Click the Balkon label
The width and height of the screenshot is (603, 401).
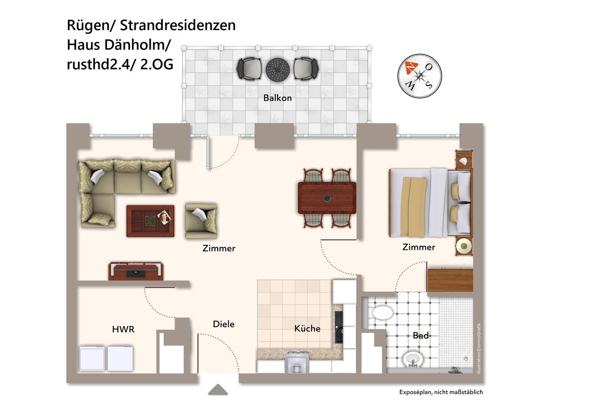pyautogui.click(x=277, y=98)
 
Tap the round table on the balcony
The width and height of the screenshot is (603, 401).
pyautogui.click(x=278, y=69)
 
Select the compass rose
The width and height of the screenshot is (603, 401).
pyautogui.click(x=419, y=76)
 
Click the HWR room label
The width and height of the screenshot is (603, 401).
pyautogui.click(x=123, y=329)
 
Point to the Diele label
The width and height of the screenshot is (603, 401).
pyautogui.click(x=224, y=324)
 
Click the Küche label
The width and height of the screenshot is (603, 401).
pyautogui.click(x=307, y=329)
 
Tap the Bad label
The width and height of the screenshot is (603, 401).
pyautogui.click(x=420, y=335)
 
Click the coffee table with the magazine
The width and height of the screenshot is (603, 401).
pyautogui.click(x=150, y=221)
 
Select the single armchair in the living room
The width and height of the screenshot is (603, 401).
pyautogui.click(x=201, y=218)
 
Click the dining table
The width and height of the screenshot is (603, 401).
pyautogui.click(x=327, y=198)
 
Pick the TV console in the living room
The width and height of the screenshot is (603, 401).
pyautogui.click(x=136, y=271)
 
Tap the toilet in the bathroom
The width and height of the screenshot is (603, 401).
pyautogui.click(x=381, y=312)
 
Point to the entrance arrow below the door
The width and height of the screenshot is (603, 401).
pyautogui.click(x=218, y=390)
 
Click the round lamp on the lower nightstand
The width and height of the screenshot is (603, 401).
pyautogui.click(x=464, y=246)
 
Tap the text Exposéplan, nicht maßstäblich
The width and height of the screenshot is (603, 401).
pyautogui.click(x=441, y=392)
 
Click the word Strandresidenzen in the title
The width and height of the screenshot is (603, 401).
pyautogui.click(x=178, y=25)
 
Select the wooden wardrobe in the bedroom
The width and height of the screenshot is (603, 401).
pyautogui.click(x=450, y=280)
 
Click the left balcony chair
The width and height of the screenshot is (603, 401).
pyautogui.click(x=249, y=69)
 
